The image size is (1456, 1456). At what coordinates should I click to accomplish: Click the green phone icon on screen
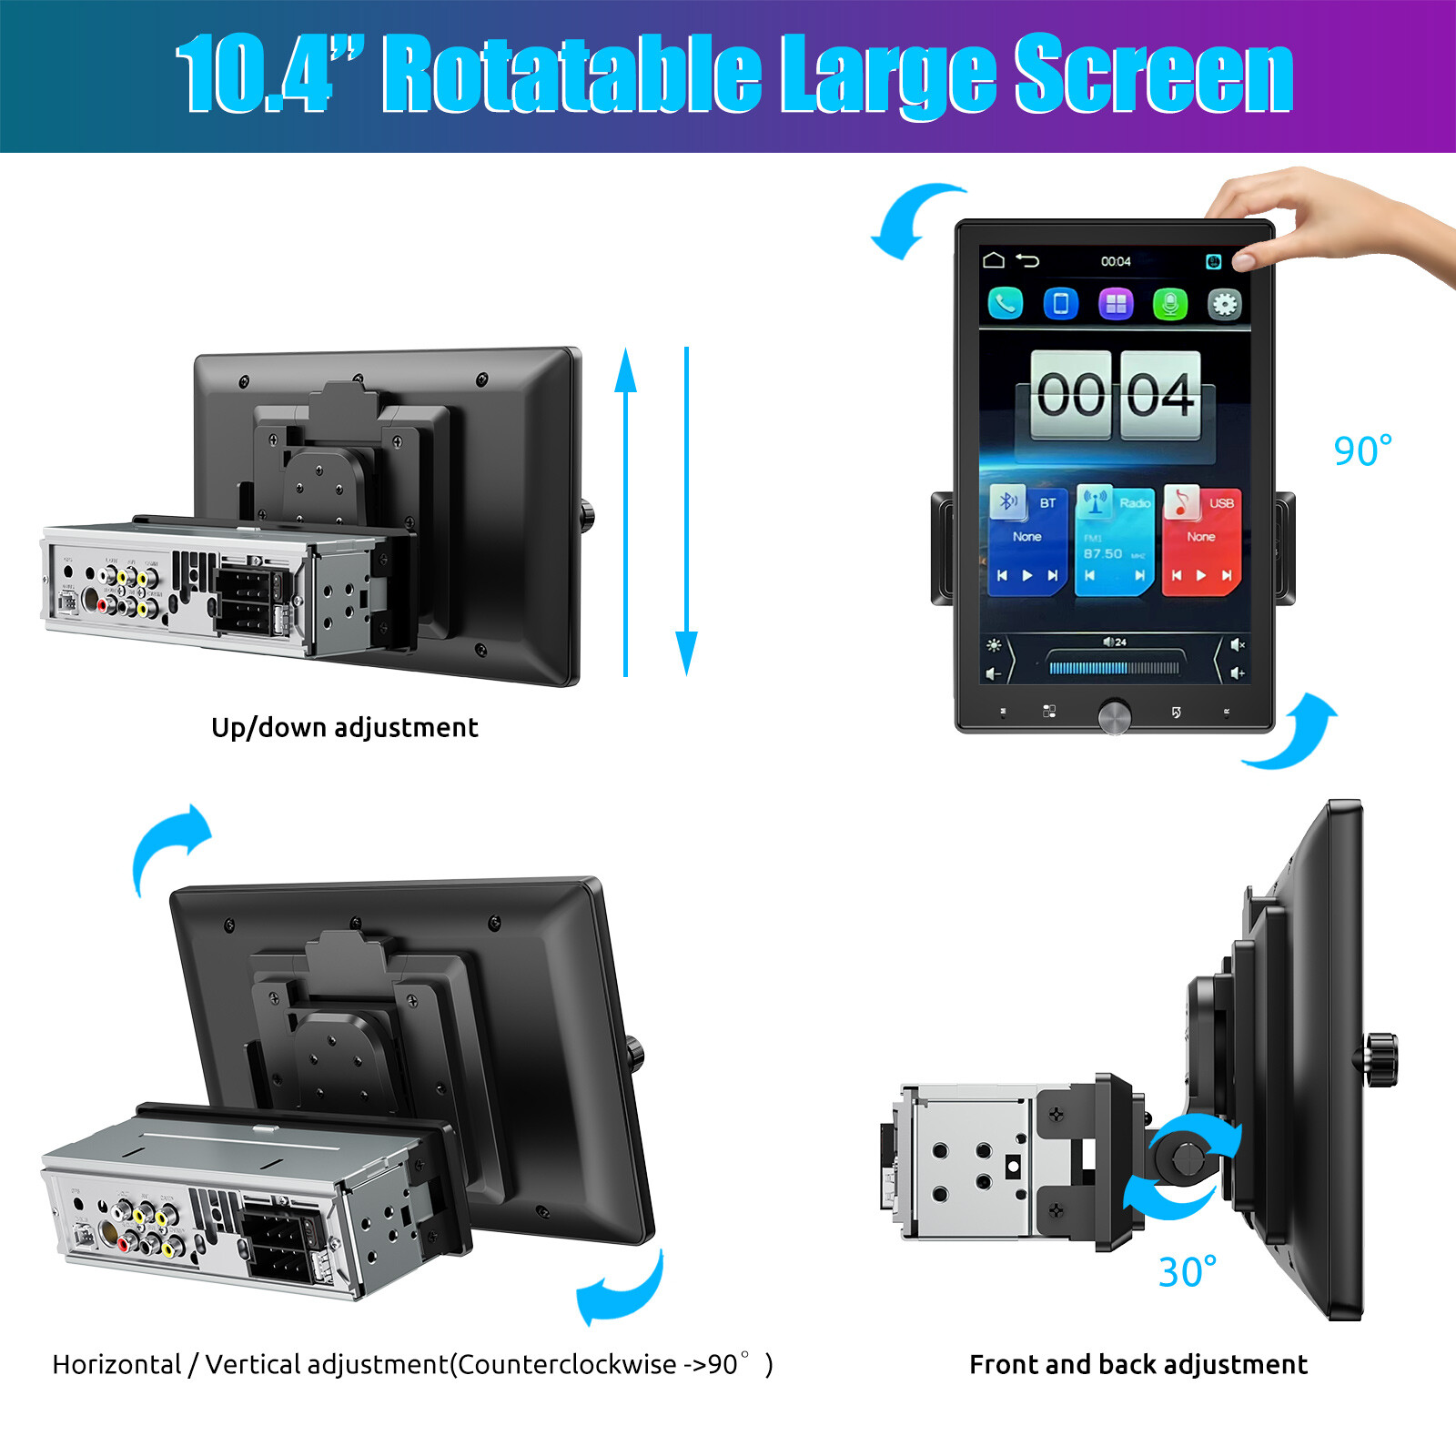coord(1006,303)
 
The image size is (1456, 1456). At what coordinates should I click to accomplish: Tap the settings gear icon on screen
coord(1224,303)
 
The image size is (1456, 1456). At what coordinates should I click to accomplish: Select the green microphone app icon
coord(1170,303)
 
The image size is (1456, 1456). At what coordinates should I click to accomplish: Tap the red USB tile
coord(1201,540)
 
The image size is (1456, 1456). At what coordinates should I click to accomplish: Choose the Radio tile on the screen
coord(1114,540)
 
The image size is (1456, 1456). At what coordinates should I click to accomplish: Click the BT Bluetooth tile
coord(1027,540)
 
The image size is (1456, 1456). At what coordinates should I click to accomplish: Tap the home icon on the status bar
coord(994,260)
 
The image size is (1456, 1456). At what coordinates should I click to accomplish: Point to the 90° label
coord(1362,451)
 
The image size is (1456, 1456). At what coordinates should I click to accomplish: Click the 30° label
coord(1187,1271)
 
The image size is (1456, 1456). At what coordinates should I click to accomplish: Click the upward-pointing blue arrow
coord(625,510)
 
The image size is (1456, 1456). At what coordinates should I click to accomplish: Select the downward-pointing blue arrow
coord(687,510)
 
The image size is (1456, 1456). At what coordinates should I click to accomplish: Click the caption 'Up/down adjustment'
coord(344,727)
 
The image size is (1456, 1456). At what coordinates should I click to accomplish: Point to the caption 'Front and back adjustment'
coord(1137,1364)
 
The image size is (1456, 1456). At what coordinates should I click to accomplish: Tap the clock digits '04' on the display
coord(1160,395)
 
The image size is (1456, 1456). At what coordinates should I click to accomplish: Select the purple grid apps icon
coord(1116,303)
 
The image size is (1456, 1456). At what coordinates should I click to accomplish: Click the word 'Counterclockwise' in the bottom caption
coord(566,1364)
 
